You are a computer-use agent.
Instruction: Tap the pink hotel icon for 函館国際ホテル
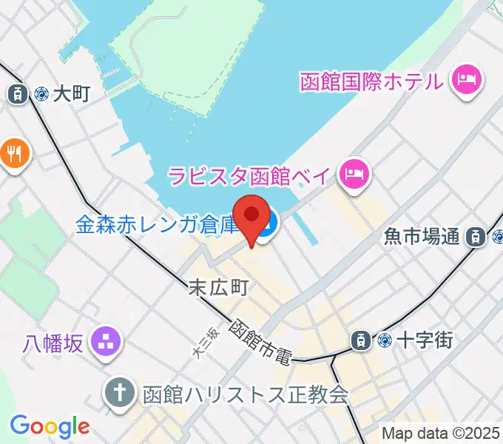(x=467, y=79)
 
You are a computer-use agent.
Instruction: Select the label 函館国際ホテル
(x=372, y=80)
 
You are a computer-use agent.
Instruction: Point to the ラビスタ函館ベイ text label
(x=251, y=175)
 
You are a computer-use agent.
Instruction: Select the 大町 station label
(x=72, y=93)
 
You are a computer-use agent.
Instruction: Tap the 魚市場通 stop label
(x=422, y=237)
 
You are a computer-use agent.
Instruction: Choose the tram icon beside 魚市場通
(x=476, y=237)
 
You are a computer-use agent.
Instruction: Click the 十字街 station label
(x=425, y=340)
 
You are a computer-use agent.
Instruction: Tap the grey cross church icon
(x=119, y=392)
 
